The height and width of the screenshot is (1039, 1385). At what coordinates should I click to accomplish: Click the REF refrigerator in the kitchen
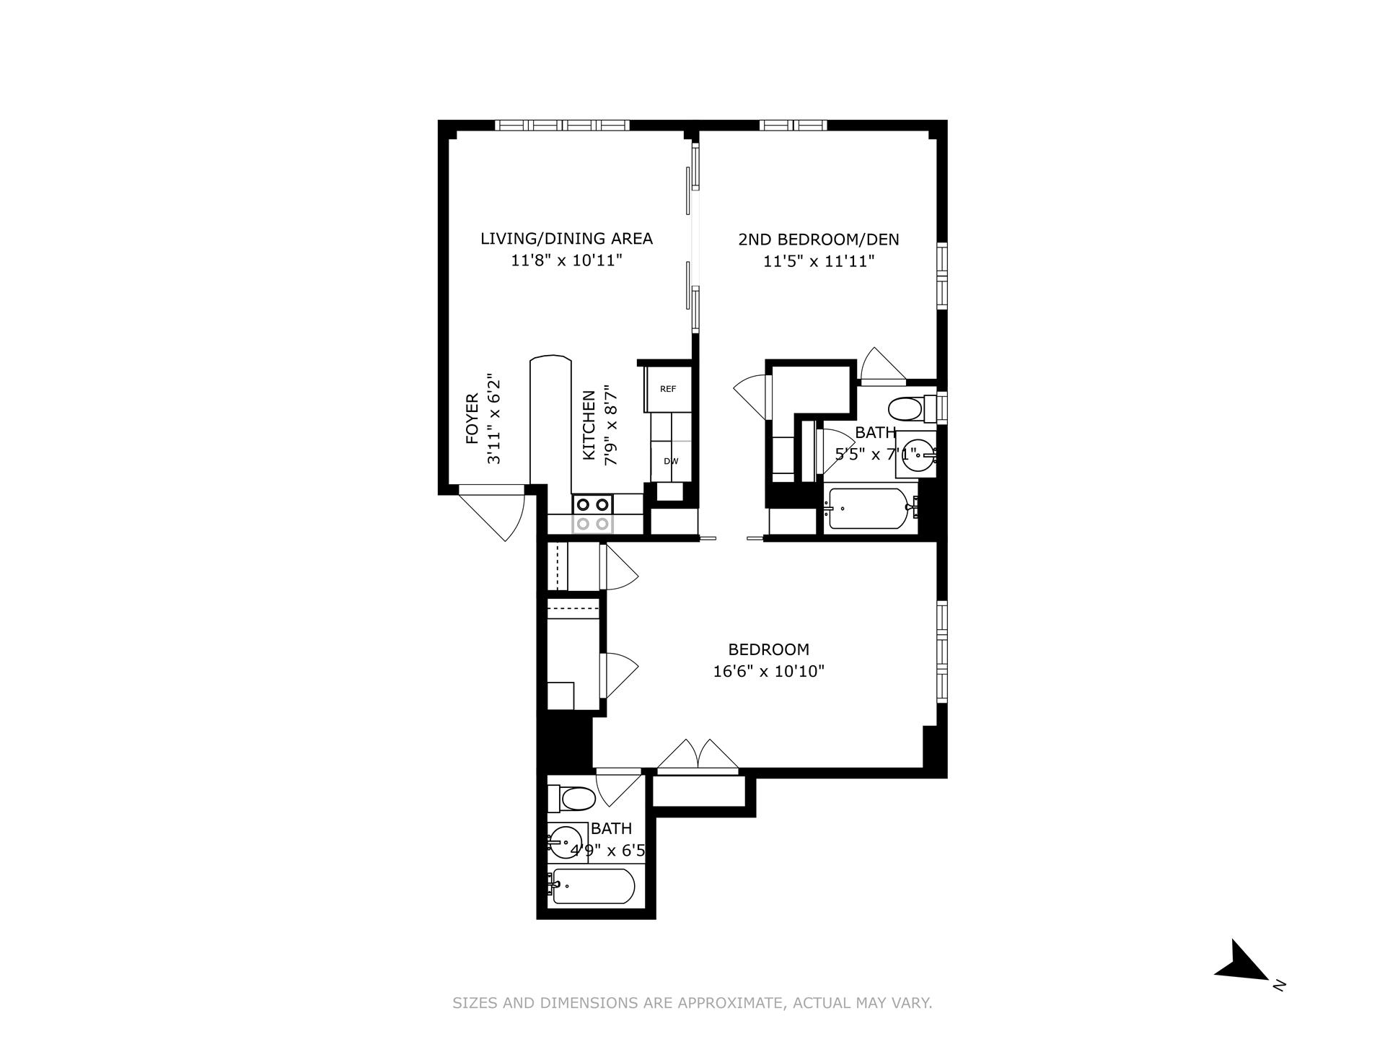[669, 389]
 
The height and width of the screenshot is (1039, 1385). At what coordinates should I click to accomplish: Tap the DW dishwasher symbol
[671, 461]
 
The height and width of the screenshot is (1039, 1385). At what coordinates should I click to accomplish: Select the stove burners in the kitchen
[593, 514]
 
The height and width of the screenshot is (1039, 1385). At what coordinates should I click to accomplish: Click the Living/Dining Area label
[566, 239]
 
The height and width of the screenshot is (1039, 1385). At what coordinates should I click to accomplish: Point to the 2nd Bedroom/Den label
[819, 240]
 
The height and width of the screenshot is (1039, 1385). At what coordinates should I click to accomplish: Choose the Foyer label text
[472, 418]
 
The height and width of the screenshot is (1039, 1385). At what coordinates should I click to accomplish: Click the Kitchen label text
[589, 425]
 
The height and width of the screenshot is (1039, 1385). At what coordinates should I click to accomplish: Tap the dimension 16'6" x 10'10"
[768, 672]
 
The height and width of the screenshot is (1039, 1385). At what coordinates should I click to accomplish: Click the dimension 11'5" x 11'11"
[819, 261]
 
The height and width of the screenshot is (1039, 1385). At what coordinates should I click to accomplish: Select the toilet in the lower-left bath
[573, 799]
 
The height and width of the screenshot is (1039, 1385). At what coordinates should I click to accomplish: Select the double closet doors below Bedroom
[698, 758]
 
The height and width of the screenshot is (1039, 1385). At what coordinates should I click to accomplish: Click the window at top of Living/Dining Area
[563, 125]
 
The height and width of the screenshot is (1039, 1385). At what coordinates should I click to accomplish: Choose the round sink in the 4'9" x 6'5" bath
[566, 841]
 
